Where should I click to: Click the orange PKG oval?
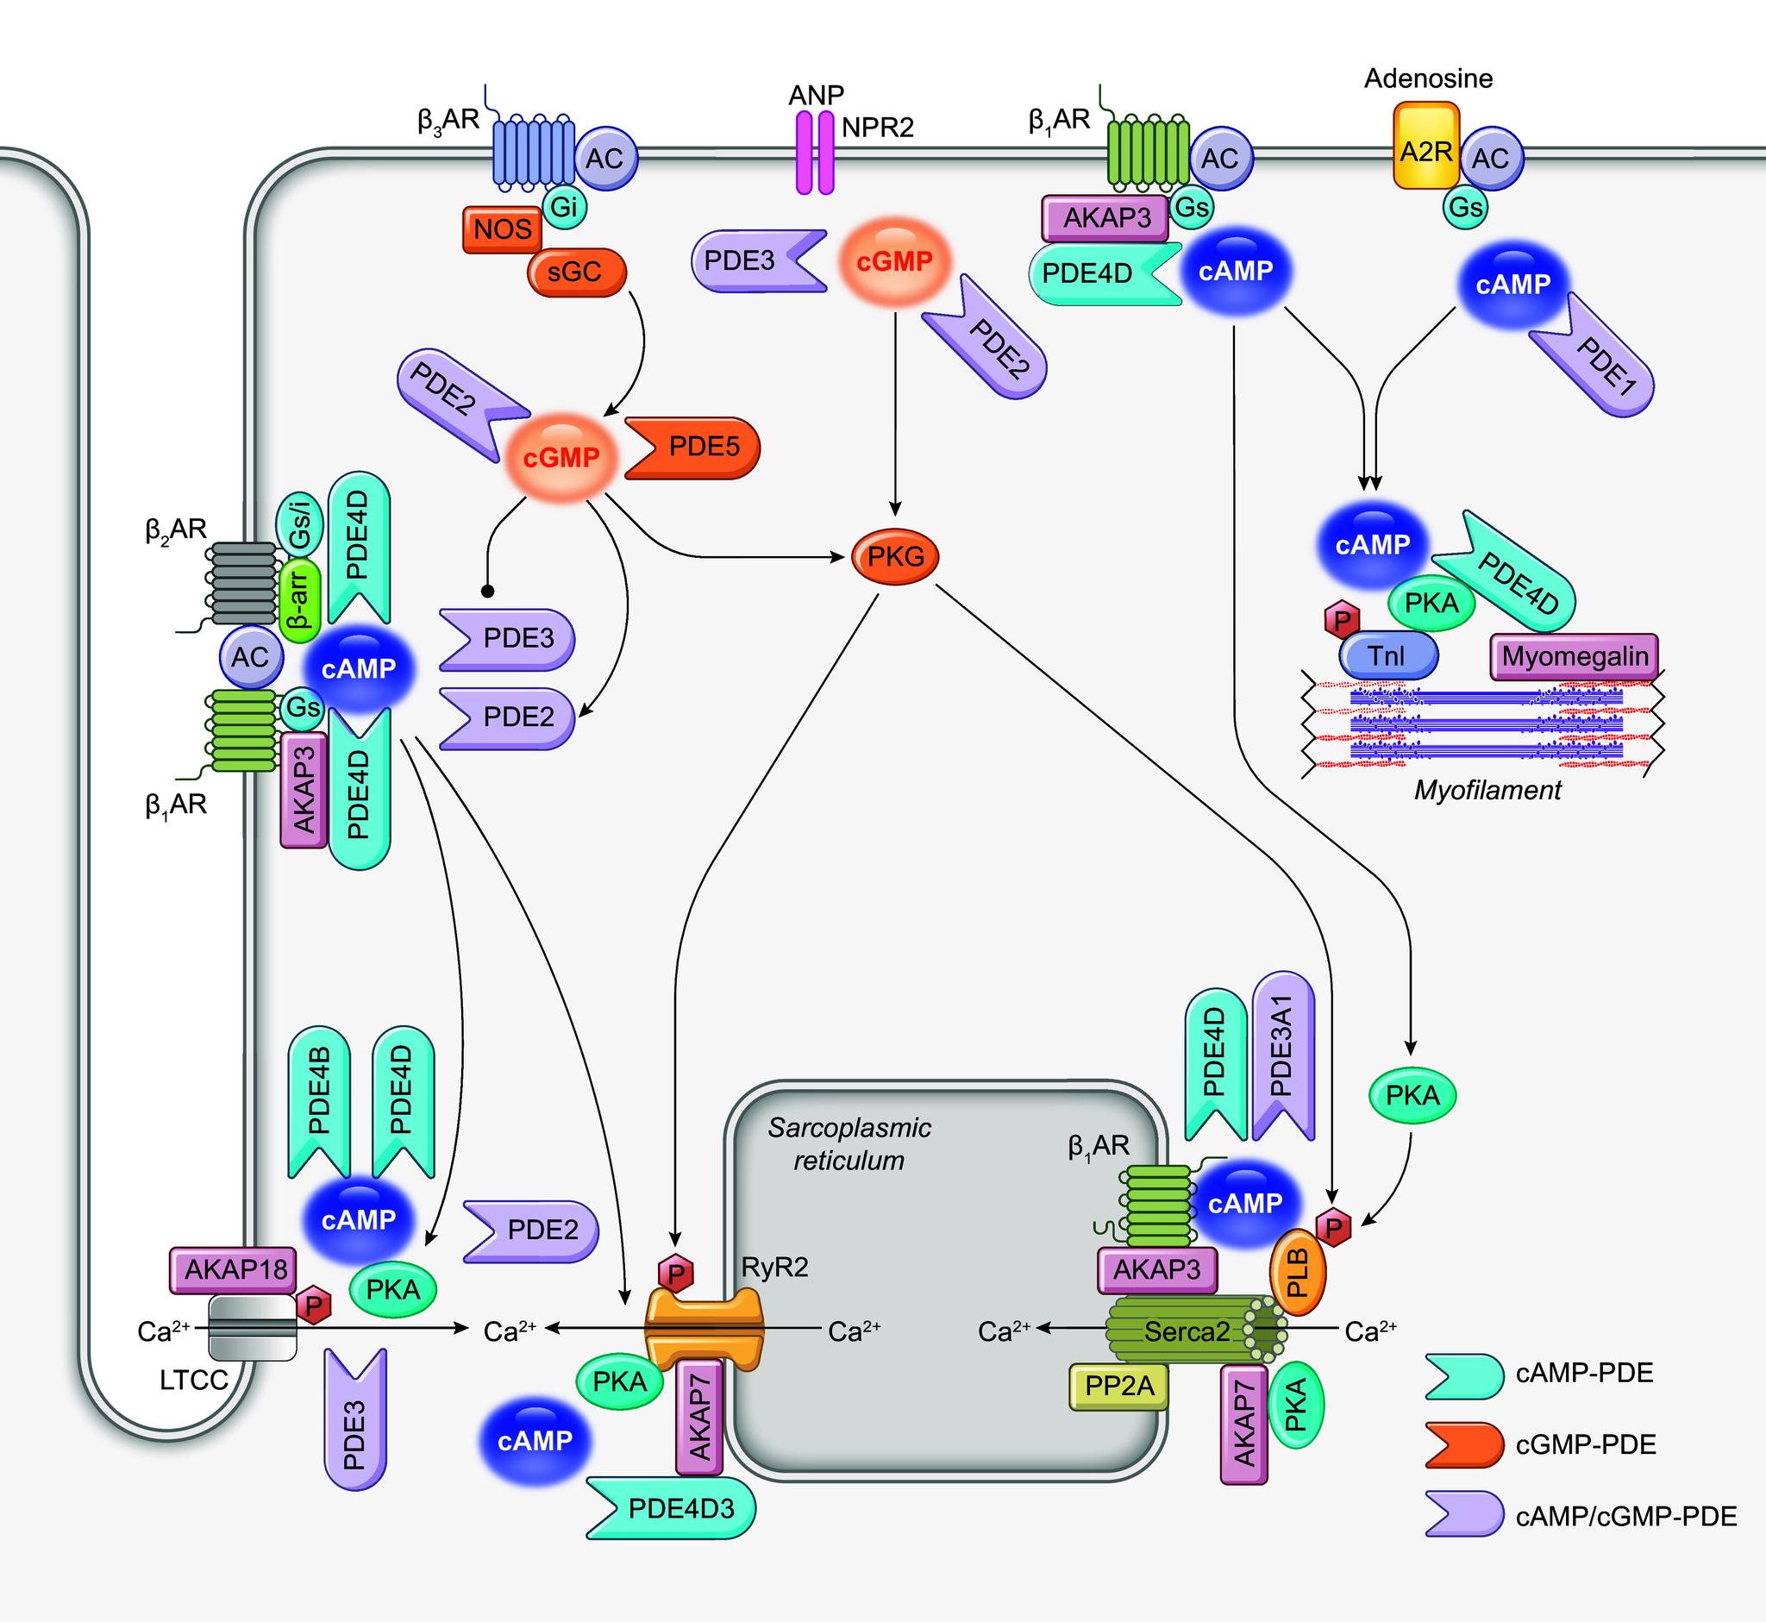(895, 555)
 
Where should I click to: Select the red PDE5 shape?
(693, 448)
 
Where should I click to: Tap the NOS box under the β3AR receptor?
(502, 229)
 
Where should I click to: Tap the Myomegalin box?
(1575, 655)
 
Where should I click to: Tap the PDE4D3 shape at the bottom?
(672, 1508)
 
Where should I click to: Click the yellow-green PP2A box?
(1119, 1387)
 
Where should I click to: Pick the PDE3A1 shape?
(1283, 1058)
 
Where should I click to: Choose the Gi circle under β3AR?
(565, 207)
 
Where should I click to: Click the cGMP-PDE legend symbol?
(1463, 1444)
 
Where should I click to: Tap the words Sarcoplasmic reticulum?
(849, 1143)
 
